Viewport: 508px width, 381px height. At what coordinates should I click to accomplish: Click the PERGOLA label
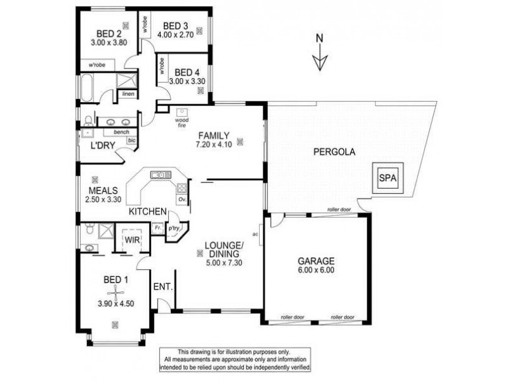tap(333, 152)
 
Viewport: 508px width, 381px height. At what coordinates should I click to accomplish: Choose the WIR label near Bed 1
tap(132, 240)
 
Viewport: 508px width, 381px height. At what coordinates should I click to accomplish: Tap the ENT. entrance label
tap(163, 287)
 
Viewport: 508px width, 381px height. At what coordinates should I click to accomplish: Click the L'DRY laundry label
tap(102, 145)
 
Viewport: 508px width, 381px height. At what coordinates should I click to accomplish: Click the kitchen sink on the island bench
tap(157, 175)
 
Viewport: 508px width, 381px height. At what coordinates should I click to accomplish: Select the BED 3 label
tap(175, 25)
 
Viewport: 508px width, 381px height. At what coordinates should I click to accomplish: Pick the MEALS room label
tap(100, 190)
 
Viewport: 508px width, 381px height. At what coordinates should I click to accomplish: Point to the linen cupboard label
tap(128, 94)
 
